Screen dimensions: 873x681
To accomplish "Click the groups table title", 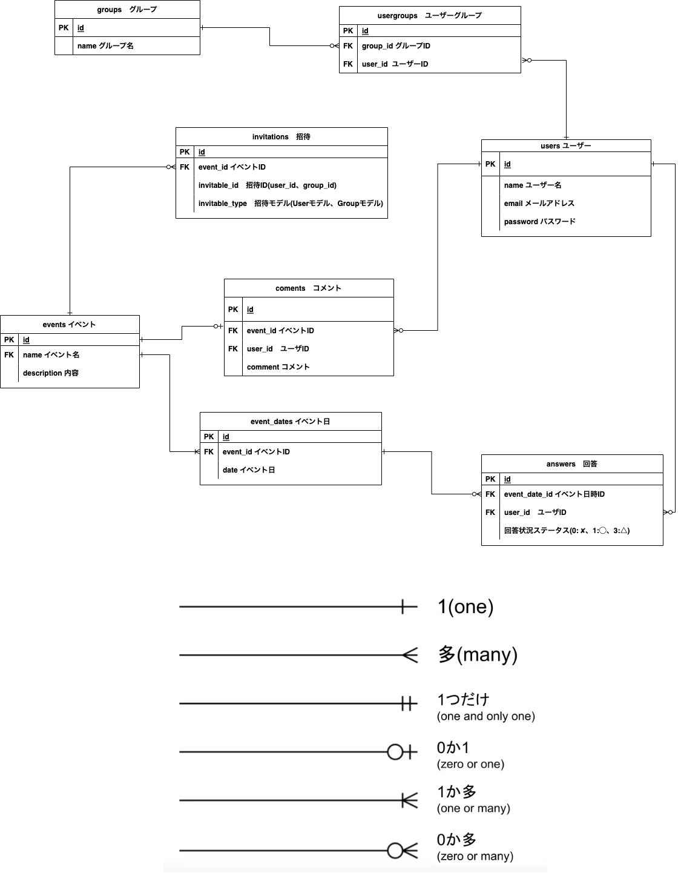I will point(127,10).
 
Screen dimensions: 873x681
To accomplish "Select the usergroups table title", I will point(429,16).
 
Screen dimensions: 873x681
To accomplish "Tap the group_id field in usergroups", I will point(396,46).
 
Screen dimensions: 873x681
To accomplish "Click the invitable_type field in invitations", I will point(291,204).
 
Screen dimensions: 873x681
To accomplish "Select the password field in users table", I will point(539,222).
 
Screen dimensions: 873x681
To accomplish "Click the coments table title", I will point(308,288).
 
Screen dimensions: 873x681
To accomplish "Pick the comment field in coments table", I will point(278,367).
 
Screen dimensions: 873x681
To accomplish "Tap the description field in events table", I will point(51,373).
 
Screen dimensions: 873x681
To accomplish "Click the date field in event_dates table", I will point(249,470).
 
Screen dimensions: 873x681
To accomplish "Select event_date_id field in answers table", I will point(554,494).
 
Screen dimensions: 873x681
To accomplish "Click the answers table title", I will point(571,464).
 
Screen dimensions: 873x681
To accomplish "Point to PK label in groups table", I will point(64,28).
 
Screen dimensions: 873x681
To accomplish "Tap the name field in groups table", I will point(105,46).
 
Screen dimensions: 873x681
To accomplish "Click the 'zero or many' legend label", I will point(475,856).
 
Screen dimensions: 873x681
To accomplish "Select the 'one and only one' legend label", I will point(485,716).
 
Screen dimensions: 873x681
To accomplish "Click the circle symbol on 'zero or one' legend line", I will point(395,752).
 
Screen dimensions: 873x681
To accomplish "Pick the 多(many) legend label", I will point(477,655).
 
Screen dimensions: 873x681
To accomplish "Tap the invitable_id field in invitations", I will point(267,185).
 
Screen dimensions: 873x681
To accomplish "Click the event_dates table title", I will point(290,422).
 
